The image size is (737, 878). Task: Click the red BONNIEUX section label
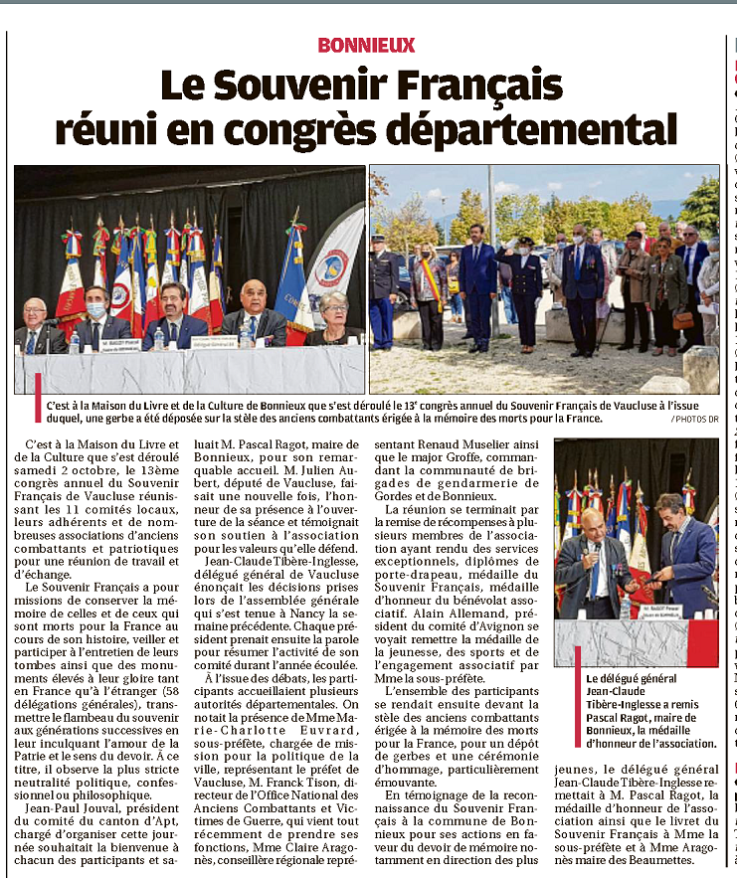[x=366, y=46]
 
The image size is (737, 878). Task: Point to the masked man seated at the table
[x=95, y=318]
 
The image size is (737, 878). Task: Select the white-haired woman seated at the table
[x=334, y=317]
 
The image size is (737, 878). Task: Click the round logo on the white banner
[x=331, y=269]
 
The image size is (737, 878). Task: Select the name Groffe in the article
[x=455, y=455]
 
